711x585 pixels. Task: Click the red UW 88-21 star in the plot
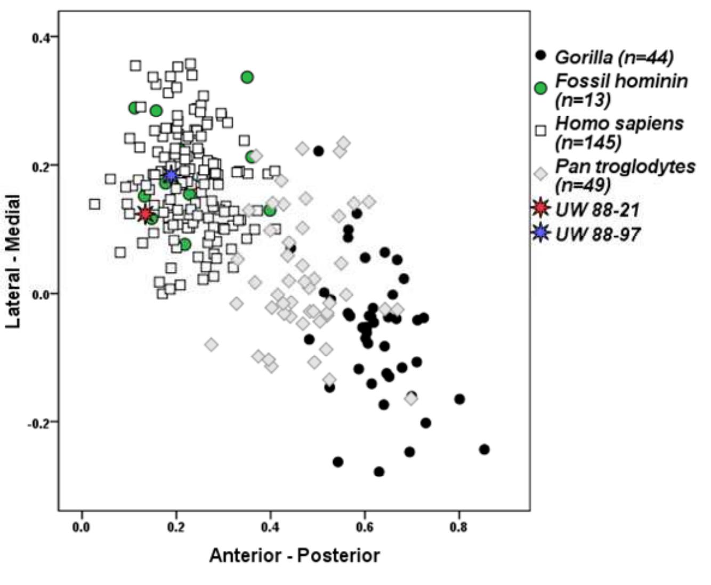coord(145,214)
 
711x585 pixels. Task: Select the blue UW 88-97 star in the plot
coord(171,175)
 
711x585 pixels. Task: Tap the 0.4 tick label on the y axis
coord(41,37)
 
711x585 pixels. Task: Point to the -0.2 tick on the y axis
coord(39,423)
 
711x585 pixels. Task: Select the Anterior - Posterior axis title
coord(294,555)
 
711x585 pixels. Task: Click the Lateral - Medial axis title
coord(14,261)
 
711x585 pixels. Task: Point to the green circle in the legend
coord(541,88)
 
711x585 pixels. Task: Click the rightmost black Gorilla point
coord(484,449)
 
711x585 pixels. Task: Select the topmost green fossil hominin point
coord(247,77)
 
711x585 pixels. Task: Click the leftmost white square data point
coord(94,204)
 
